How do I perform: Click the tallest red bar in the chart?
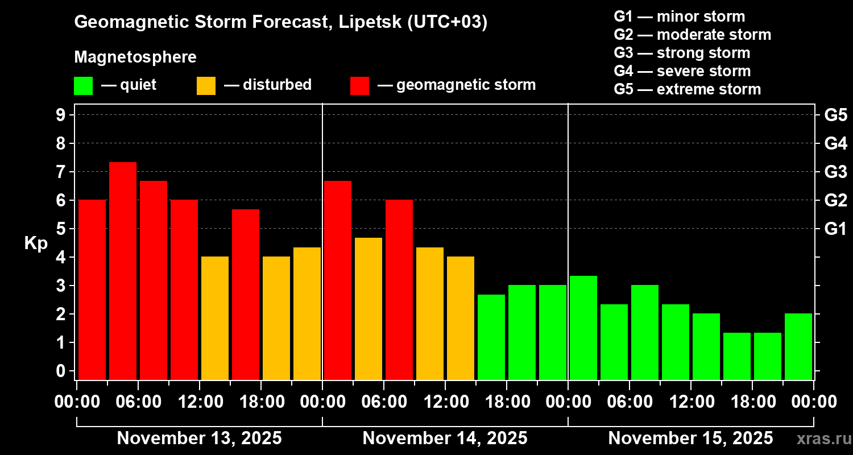pos(123,270)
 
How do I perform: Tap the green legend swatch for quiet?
pos(83,85)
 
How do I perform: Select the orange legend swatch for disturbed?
pos(206,85)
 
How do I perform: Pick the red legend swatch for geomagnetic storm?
pos(359,85)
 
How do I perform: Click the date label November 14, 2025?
pos(445,439)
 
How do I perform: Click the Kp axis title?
pos(35,243)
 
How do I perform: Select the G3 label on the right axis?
pos(835,172)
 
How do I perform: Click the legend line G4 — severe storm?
pos(682,71)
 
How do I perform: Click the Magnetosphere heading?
pos(135,57)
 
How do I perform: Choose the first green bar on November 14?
pos(491,337)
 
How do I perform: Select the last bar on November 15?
pos(798,346)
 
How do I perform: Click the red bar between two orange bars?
pos(246,294)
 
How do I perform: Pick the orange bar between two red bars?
pos(368,308)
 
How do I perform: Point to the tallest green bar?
pos(583,327)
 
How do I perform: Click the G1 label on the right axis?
pos(835,229)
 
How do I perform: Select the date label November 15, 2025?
pos(690,439)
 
